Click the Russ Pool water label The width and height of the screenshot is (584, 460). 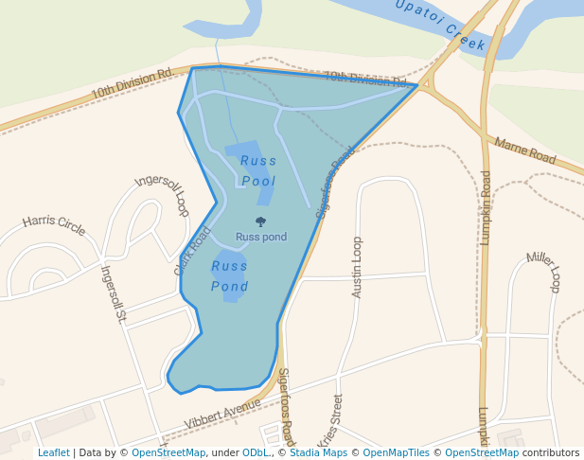point(258,170)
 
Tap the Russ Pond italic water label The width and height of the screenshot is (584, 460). point(230,275)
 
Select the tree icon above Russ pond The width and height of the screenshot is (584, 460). point(261,222)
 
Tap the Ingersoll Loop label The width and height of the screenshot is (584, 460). point(163,195)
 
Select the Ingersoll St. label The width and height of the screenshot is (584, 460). point(114,293)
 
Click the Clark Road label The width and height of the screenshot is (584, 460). point(192,251)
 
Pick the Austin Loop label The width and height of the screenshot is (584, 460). point(357,267)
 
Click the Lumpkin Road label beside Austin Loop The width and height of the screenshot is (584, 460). point(486,207)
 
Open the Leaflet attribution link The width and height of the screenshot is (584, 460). point(54,452)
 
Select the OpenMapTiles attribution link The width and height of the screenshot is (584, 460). point(387,452)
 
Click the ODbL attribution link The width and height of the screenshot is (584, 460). point(255,452)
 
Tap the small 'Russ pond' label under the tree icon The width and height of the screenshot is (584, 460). point(261,237)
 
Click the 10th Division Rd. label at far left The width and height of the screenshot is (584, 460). point(132,82)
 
